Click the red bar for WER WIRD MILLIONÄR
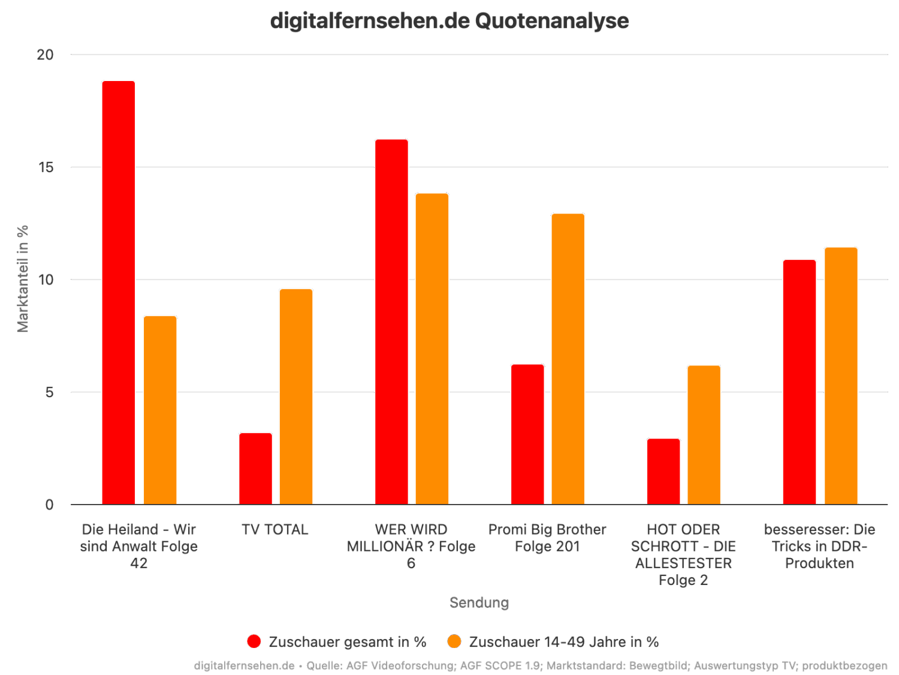pos(391,322)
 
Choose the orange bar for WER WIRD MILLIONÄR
pos(432,349)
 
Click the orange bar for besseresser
pos(841,376)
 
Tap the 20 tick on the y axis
pos(45,55)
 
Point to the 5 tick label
pos(49,392)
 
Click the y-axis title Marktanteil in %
pos(23,278)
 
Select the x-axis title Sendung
pos(479,603)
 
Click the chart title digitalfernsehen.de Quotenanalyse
pos(450,21)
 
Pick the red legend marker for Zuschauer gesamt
pos(254,641)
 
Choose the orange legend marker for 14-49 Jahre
pos(454,641)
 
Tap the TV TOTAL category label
pos(275,530)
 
